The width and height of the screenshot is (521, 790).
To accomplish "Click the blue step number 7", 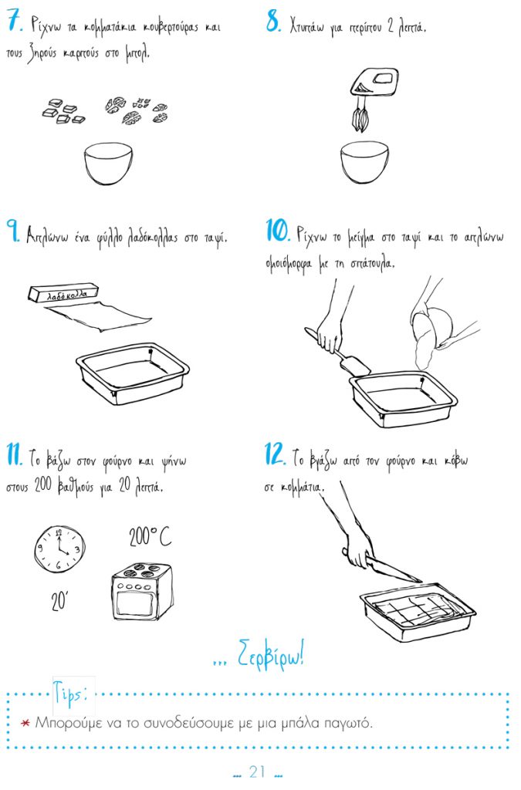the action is (x=15, y=22).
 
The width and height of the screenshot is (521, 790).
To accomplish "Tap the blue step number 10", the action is (x=278, y=231).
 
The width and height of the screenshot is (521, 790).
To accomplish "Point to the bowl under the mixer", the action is (x=364, y=162).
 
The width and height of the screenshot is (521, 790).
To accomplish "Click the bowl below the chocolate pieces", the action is (x=108, y=164).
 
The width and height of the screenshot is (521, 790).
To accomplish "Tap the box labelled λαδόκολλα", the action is (x=63, y=293).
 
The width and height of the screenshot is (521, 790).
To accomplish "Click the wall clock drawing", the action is (x=59, y=549).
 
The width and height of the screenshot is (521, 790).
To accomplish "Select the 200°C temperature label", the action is (x=150, y=537).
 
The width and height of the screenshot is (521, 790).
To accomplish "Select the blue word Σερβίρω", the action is (x=271, y=654).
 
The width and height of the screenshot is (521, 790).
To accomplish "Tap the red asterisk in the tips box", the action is (x=25, y=724).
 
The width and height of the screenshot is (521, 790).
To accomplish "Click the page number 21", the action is (x=258, y=771).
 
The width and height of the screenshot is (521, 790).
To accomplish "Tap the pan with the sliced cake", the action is (x=418, y=611).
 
